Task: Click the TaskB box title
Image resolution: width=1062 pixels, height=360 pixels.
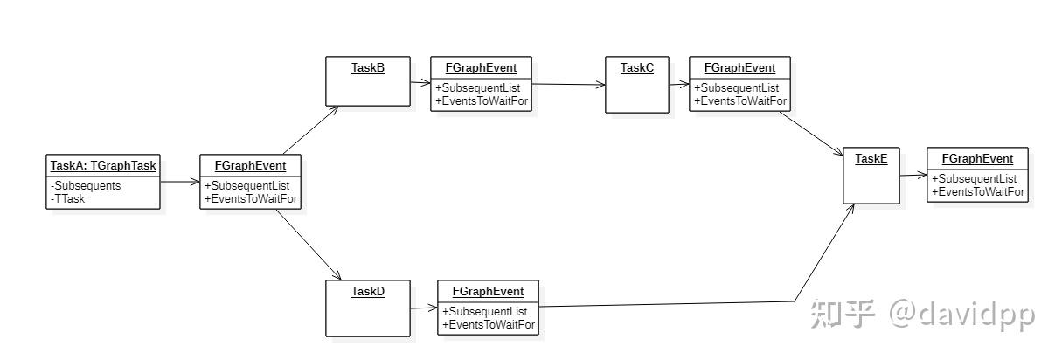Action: click(368, 67)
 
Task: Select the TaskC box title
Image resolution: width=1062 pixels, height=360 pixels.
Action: click(636, 67)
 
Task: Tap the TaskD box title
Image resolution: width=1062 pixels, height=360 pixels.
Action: click(368, 291)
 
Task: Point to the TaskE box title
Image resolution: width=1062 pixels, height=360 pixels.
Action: click(871, 158)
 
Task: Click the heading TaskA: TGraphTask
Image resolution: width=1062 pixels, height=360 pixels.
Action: click(103, 165)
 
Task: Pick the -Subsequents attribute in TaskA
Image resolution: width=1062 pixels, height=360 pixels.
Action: click(87, 186)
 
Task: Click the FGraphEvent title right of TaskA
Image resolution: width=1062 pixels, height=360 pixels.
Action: click(250, 165)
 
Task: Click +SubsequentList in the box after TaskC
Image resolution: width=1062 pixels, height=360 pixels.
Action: click(736, 88)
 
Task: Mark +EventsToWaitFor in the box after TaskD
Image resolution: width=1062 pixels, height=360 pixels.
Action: click(489, 324)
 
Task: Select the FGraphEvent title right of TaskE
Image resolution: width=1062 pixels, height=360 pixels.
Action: click(977, 158)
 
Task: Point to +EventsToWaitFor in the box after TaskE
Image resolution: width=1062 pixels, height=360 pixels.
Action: click(978, 191)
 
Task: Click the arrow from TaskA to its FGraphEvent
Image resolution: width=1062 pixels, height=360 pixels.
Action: click(181, 183)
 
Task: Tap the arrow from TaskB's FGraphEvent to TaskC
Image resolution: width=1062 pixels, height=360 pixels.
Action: click(568, 85)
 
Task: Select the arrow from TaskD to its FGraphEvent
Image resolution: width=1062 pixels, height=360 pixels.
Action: click(424, 308)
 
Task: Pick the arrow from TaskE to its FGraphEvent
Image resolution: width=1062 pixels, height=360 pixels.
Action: click(913, 176)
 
